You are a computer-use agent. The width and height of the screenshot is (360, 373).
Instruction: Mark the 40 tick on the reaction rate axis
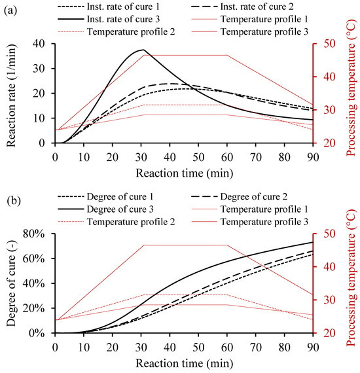40,43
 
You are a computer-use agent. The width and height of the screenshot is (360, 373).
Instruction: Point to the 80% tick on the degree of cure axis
36,234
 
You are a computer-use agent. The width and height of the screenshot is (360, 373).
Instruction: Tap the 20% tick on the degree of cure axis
36,308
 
